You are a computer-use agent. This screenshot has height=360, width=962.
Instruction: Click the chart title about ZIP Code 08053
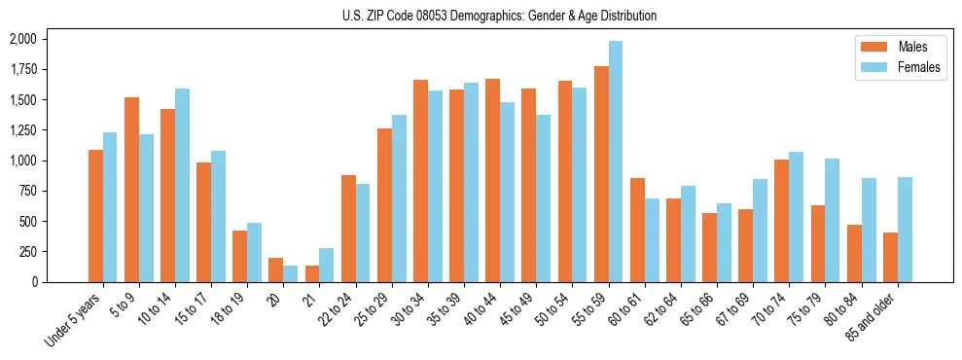point(499,16)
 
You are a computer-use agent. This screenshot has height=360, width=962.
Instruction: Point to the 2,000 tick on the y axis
point(22,39)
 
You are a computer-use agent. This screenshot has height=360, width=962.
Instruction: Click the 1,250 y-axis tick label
point(22,130)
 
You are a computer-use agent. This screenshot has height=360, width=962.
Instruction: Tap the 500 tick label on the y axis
point(28,221)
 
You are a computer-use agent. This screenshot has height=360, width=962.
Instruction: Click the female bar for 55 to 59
point(616,162)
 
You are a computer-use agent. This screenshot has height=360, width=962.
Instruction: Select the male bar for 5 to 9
point(131,190)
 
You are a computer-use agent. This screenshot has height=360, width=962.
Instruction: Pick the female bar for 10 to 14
point(182,185)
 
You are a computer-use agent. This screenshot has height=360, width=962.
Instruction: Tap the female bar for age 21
point(327,265)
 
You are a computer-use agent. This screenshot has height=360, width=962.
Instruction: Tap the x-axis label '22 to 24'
point(336,310)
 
